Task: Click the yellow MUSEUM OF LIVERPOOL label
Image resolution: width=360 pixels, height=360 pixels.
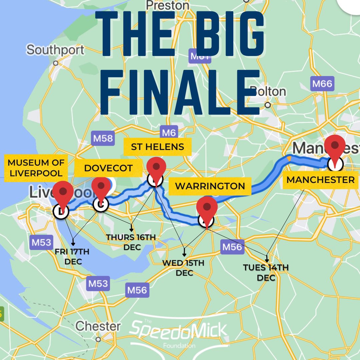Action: point(36,168)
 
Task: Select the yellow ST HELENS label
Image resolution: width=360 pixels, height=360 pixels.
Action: point(157,147)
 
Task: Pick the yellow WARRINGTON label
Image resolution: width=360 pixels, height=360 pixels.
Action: point(210,186)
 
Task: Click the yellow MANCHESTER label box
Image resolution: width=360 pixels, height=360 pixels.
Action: point(321,180)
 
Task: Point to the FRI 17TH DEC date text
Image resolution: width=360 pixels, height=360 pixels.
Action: point(72,257)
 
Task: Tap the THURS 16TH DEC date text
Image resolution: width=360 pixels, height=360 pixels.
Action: point(131,242)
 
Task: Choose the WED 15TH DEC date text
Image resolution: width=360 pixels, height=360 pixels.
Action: point(183,268)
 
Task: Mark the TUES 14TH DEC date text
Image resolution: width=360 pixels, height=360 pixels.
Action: point(266,272)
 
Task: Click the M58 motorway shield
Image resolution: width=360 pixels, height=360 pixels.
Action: point(103,138)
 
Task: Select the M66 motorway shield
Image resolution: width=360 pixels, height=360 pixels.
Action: point(322,84)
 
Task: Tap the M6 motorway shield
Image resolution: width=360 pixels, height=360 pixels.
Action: point(169,133)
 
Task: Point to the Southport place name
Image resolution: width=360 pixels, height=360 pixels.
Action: point(55,50)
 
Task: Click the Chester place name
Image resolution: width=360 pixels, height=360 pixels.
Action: point(98,326)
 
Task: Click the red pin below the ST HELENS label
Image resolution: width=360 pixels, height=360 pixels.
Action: point(156,168)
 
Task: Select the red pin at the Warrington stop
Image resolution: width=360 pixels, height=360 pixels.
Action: point(207,208)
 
